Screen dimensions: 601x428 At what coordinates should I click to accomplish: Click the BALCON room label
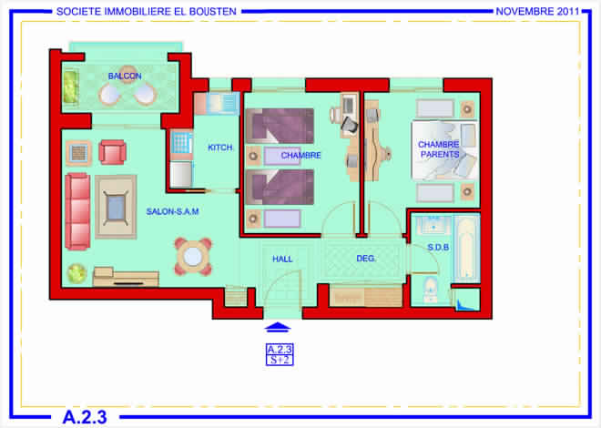[x=125, y=76]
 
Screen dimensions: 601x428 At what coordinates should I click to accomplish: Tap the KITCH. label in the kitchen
[x=220, y=148]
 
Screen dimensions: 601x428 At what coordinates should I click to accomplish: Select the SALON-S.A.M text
[x=172, y=211]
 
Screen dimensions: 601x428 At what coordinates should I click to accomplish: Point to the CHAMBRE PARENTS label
[x=439, y=149]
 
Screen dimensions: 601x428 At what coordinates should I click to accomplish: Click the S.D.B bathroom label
[x=438, y=248]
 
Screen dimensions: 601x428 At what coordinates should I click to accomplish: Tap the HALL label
[x=282, y=259]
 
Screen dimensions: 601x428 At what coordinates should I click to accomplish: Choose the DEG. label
[x=366, y=259]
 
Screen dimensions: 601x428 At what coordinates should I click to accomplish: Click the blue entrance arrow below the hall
[x=278, y=327]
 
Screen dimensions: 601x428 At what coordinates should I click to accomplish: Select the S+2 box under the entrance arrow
[x=280, y=361]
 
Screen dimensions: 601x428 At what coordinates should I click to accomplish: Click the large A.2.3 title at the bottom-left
[x=85, y=417]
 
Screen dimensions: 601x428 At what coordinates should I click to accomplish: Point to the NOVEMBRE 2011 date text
[x=537, y=12]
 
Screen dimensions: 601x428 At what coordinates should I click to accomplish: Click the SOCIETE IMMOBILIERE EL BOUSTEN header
[x=147, y=12]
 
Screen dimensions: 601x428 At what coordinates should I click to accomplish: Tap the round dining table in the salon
[x=193, y=257]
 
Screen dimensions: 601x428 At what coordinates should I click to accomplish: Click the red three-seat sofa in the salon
[x=77, y=211]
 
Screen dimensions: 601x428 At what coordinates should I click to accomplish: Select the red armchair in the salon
[x=113, y=152]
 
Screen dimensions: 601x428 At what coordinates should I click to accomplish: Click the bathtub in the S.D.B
[x=467, y=248]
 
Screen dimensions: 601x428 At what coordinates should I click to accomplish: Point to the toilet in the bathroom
[x=431, y=290]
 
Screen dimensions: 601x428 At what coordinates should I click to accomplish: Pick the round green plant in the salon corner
[x=77, y=273]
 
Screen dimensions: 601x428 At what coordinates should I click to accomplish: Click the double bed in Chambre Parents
[x=444, y=150]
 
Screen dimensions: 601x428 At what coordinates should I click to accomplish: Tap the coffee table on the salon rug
[x=116, y=207]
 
